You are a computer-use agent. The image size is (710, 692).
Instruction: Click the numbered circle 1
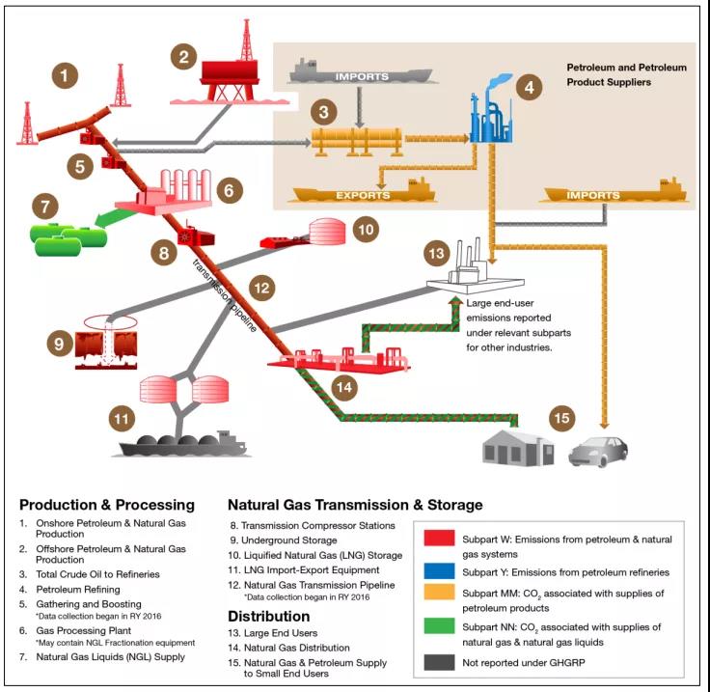pyautogui.click(x=64, y=74)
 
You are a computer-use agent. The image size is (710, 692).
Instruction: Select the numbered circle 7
pyautogui.click(x=42, y=207)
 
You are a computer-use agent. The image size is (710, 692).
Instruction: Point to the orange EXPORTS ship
pyautogui.click(x=364, y=194)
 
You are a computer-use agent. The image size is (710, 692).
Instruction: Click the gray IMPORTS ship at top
pyautogui.click(x=361, y=73)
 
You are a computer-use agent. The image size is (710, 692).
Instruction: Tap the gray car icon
pyautogui.click(x=599, y=449)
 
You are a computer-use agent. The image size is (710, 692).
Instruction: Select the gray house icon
pyautogui.click(x=517, y=447)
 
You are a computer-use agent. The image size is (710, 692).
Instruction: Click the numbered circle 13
pyautogui.click(x=438, y=254)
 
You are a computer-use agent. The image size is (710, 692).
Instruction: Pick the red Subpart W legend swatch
pyautogui.click(x=440, y=539)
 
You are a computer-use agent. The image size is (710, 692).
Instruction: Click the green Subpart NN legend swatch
pyautogui.click(x=440, y=626)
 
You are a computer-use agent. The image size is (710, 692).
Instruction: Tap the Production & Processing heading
pyautogui.click(x=107, y=505)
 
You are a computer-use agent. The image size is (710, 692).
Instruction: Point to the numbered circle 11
pyautogui.click(x=120, y=419)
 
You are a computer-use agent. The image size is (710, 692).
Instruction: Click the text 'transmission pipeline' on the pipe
pyautogui.click(x=223, y=295)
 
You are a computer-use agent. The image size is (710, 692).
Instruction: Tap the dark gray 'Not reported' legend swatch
pyautogui.click(x=440, y=663)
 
